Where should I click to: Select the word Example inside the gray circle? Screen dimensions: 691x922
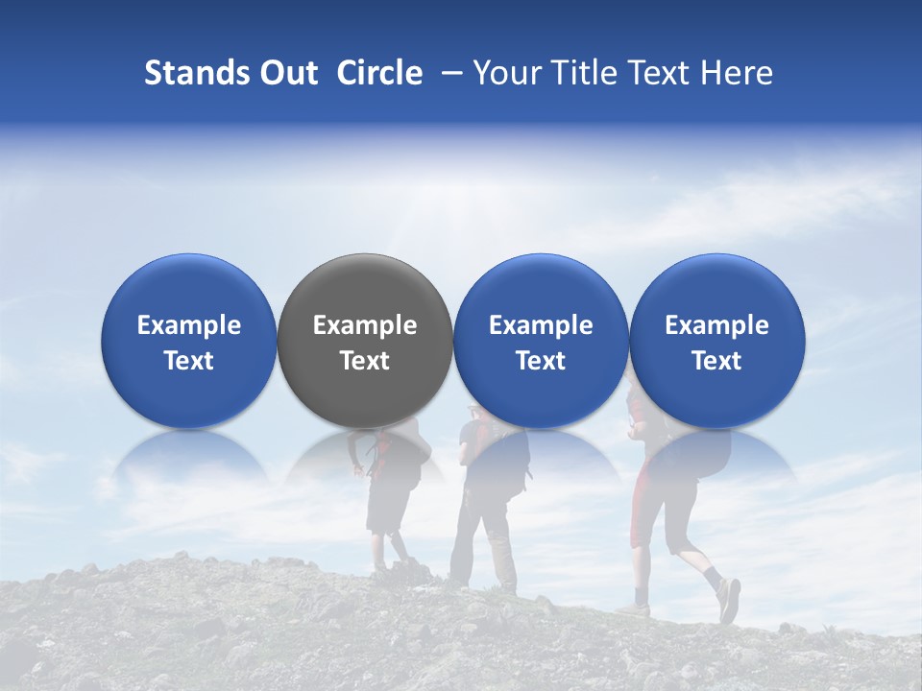365,325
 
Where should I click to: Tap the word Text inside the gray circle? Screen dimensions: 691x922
365,361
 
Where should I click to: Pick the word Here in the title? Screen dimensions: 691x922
737,73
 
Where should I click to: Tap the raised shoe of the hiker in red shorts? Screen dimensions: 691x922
729,600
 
